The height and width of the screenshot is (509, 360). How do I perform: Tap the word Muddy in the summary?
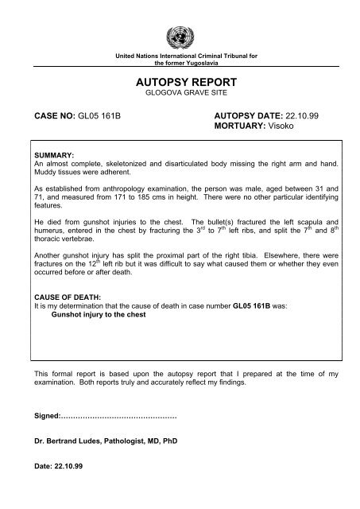pos(40,170)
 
